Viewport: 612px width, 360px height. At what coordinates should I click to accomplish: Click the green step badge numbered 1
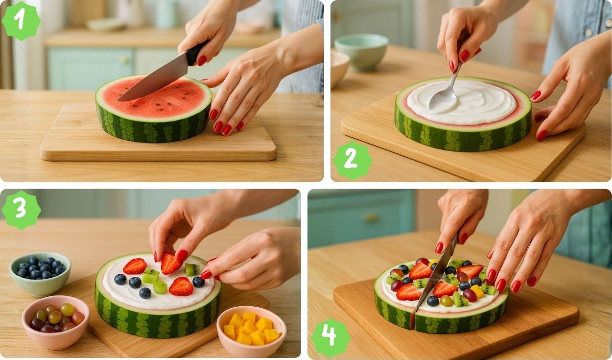(22, 21)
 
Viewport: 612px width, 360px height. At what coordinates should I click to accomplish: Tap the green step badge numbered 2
(353, 161)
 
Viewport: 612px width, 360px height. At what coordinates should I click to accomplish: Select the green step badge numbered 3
(22, 210)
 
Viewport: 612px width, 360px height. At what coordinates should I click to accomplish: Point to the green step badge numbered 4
(331, 338)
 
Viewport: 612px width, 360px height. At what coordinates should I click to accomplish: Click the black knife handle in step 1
(197, 52)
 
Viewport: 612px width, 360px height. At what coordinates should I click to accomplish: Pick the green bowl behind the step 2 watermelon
(361, 52)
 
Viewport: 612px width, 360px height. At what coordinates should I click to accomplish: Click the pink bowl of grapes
(56, 322)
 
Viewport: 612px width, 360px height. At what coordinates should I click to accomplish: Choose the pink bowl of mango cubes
(251, 331)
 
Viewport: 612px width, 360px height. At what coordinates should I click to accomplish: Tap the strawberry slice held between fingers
(170, 264)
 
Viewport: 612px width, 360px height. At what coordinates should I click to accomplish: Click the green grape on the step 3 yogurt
(160, 288)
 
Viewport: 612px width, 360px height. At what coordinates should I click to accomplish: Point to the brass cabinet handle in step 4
(371, 217)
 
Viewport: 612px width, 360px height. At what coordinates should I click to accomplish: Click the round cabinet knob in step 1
(124, 60)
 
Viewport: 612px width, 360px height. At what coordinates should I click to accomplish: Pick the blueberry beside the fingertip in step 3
(198, 282)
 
